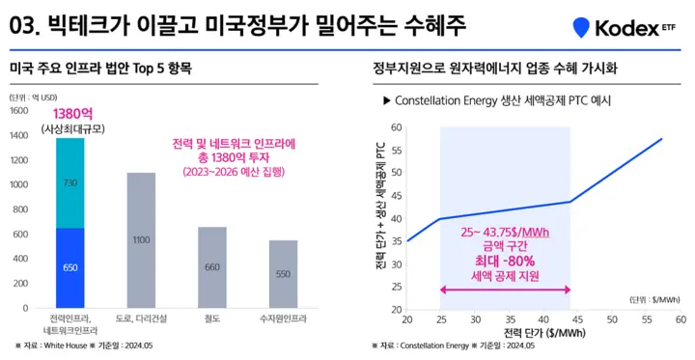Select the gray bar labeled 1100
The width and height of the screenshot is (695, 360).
click(x=141, y=240)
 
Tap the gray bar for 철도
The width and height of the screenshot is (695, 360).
click(x=211, y=267)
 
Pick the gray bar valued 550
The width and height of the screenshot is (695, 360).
click(x=283, y=274)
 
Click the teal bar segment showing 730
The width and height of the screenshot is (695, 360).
click(x=70, y=182)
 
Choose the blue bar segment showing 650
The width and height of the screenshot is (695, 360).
click(x=70, y=267)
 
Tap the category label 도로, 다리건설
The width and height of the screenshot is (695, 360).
click(x=141, y=318)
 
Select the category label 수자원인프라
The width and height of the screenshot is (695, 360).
click(x=283, y=318)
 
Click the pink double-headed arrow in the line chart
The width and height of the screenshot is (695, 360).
click(x=505, y=290)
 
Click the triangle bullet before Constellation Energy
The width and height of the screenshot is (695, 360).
click(x=386, y=100)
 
